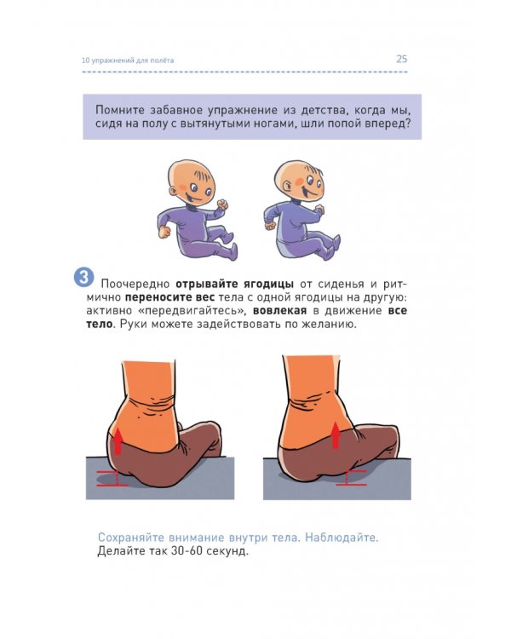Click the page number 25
401,59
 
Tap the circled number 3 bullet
83,277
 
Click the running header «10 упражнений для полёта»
128,60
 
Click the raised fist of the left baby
222,204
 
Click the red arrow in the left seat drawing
118,440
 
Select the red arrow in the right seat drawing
336,435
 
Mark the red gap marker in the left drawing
108,478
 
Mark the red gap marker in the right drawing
351,478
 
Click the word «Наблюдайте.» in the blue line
342,538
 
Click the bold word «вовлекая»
279,311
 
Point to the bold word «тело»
100,325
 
